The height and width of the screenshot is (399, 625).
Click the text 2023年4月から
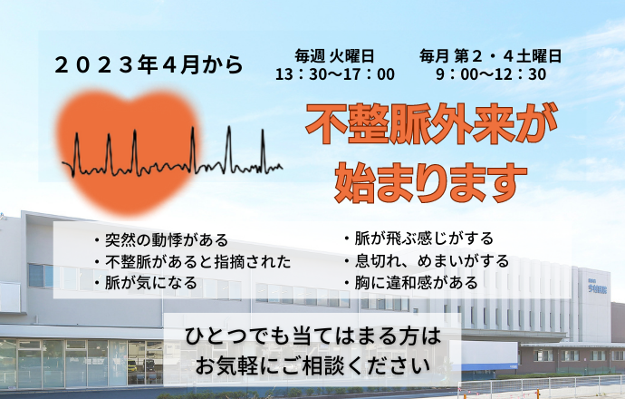[149, 64]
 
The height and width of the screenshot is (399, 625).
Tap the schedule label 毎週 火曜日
[334, 56]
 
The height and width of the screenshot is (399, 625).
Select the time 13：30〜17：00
[335, 74]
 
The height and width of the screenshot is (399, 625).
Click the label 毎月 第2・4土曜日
[490, 56]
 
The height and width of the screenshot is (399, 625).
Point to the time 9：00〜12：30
[491, 74]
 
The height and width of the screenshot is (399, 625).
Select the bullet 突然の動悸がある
[161, 240]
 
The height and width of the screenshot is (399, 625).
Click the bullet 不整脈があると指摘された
[193, 262]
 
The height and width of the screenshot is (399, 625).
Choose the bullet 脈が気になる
[146, 283]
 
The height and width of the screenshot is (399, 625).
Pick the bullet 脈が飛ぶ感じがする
[418, 238]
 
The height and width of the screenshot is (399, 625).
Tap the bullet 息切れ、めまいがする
[427, 261]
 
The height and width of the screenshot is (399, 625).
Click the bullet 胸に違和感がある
[411, 283]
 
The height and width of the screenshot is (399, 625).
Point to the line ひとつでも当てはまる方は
[313, 336]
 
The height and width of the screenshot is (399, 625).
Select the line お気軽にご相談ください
[313, 365]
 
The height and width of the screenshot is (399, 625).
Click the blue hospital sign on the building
[597, 288]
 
